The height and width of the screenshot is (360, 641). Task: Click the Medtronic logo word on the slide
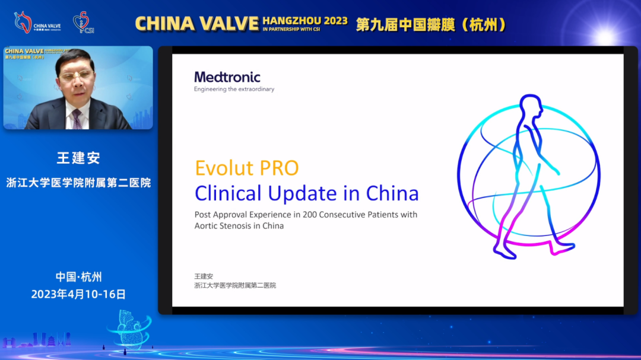point(227,77)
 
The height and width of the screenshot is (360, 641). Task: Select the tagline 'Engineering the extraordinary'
point(234,90)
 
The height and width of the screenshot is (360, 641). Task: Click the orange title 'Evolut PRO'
point(247,168)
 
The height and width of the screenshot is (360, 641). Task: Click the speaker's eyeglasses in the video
point(76,76)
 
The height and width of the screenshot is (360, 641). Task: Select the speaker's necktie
point(77,119)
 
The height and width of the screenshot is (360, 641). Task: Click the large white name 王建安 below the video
point(78,158)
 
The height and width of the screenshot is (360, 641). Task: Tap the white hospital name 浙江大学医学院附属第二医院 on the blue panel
point(78,183)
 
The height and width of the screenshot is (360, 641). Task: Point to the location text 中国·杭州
point(78,277)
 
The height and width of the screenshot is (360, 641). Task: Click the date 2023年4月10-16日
point(78,294)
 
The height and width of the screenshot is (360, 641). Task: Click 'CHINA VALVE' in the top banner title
point(197,24)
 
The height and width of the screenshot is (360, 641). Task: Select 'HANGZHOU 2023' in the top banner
point(305,21)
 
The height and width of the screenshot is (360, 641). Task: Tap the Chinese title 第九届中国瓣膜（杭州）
point(431,24)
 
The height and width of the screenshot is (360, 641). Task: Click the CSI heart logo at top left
point(82,22)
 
